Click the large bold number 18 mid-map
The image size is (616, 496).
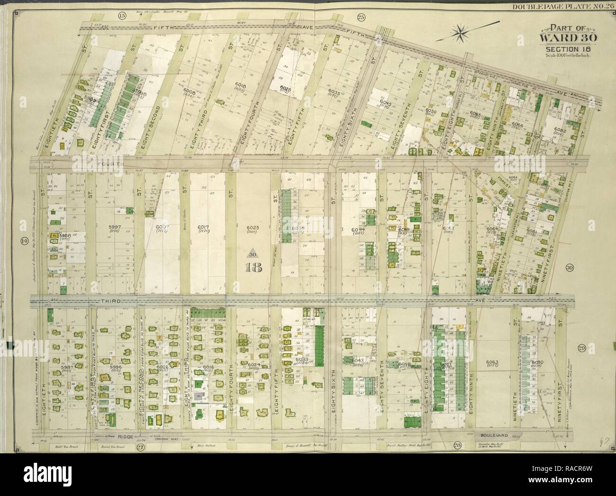(x=253, y=267)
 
